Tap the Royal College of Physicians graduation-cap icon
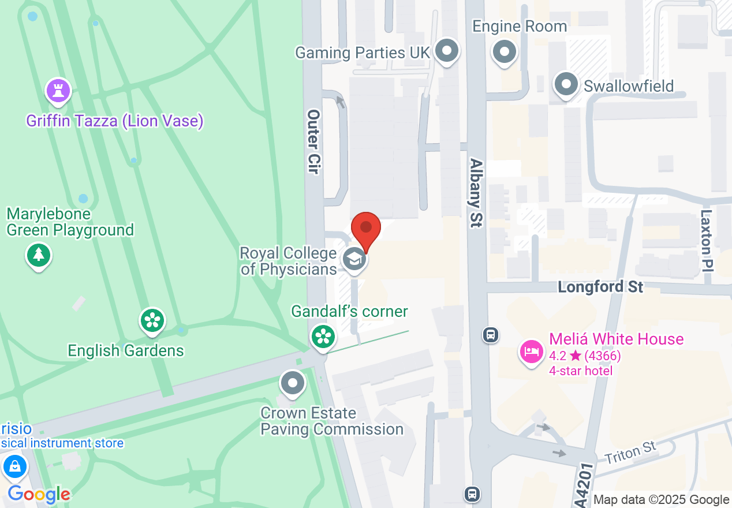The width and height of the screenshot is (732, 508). click(354, 259)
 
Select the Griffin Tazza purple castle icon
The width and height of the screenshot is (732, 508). click(58, 91)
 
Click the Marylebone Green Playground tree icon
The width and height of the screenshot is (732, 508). click(39, 254)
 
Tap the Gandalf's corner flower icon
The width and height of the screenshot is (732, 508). click(323, 335)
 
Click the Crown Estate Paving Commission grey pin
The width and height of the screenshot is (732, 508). click(293, 383)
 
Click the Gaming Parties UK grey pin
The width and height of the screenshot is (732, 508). click(446, 51)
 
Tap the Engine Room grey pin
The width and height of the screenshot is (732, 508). click(505, 52)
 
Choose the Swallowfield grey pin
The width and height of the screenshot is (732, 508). click(566, 85)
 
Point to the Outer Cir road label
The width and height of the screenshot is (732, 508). click(313, 142)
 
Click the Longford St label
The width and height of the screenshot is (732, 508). click(600, 287)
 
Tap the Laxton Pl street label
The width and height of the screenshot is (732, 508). click(707, 240)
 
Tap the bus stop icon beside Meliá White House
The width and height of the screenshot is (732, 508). click(491, 334)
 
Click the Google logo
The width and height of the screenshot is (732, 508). click(39, 495)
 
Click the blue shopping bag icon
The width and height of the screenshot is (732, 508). click(14, 465)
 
